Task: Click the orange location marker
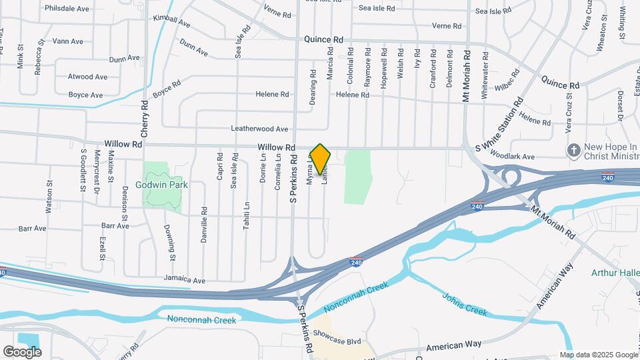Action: click(321, 159)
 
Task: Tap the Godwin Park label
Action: click(161, 185)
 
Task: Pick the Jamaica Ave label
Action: click(185, 281)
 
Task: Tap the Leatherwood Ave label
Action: click(259, 129)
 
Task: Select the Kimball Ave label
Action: click(171, 21)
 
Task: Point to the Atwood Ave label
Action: click(87, 77)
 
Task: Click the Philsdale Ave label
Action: click(67, 9)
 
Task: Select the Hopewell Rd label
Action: click(384, 64)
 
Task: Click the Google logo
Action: click(22, 351)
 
